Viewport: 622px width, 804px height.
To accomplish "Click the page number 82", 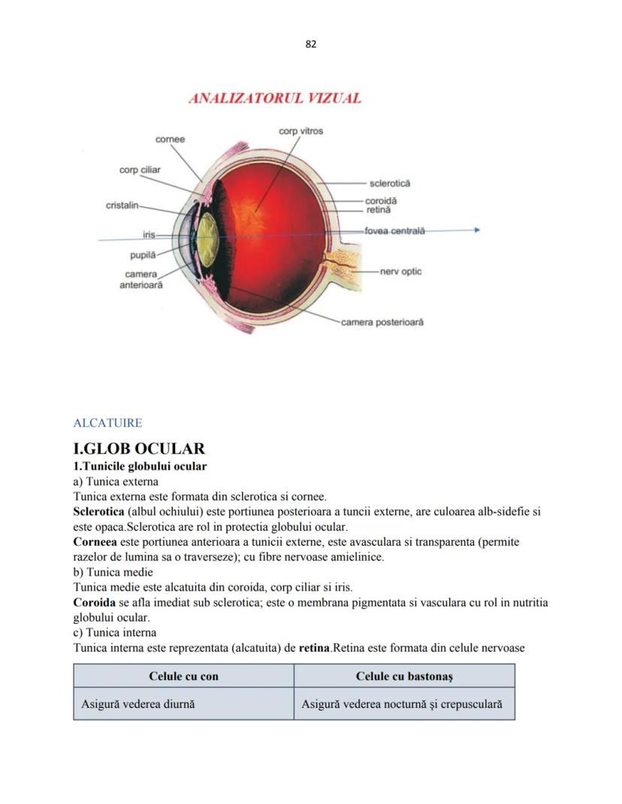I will coord(311,44).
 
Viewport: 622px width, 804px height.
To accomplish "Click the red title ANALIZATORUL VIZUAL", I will coord(275,98).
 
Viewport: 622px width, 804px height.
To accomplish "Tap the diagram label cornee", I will coord(170,140).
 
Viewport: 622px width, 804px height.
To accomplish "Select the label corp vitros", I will coord(300,131).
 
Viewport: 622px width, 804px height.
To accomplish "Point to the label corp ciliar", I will coord(140,170).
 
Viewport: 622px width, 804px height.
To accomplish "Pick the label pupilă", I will coord(142,256).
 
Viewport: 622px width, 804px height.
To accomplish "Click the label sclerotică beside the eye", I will coord(390,183).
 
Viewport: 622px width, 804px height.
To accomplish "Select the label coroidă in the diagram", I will coord(381,201).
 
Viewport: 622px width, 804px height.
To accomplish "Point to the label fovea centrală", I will coord(394,230).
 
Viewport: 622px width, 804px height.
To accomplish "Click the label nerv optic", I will coord(401,271).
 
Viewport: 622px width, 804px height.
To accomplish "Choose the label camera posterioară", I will coord(382,322).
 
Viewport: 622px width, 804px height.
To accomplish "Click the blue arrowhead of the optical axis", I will coord(476,230).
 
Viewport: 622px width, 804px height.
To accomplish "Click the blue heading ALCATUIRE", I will coord(107,423).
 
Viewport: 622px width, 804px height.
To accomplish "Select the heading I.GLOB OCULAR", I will coord(139,449).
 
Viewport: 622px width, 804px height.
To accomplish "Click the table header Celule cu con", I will coord(183,676).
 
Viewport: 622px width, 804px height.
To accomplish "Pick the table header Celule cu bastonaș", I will coord(404,676).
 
